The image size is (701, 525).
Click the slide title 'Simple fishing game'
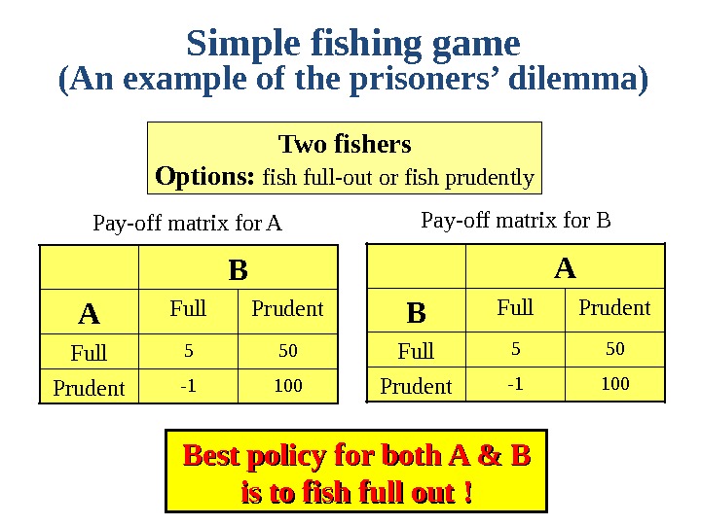pyautogui.click(x=353, y=44)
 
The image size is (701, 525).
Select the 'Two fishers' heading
pyautogui.click(x=345, y=145)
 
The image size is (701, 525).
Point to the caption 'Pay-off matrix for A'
pyautogui.click(x=187, y=225)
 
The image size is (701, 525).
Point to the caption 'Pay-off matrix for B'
pyautogui.click(x=515, y=220)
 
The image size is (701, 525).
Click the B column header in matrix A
pyautogui.click(x=238, y=269)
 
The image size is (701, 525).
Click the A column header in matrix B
pyautogui.click(x=565, y=265)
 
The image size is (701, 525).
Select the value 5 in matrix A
pyautogui.click(x=188, y=349)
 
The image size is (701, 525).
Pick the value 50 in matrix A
pyautogui.click(x=287, y=349)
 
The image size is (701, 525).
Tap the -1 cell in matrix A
pyautogui.click(x=188, y=386)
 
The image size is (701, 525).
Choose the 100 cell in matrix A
pyautogui.click(x=287, y=386)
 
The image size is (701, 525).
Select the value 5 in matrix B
pyautogui.click(x=515, y=347)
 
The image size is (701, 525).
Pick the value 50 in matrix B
pyautogui.click(x=614, y=347)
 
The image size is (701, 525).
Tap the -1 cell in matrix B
pyautogui.click(x=515, y=384)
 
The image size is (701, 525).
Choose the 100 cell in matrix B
pyautogui.click(x=614, y=384)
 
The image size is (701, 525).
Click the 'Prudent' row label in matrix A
pyautogui.click(x=89, y=388)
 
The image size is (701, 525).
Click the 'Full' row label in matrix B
pyautogui.click(x=416, y=350)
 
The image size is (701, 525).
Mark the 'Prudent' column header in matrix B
pyautogui.click(x=614, y=308)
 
